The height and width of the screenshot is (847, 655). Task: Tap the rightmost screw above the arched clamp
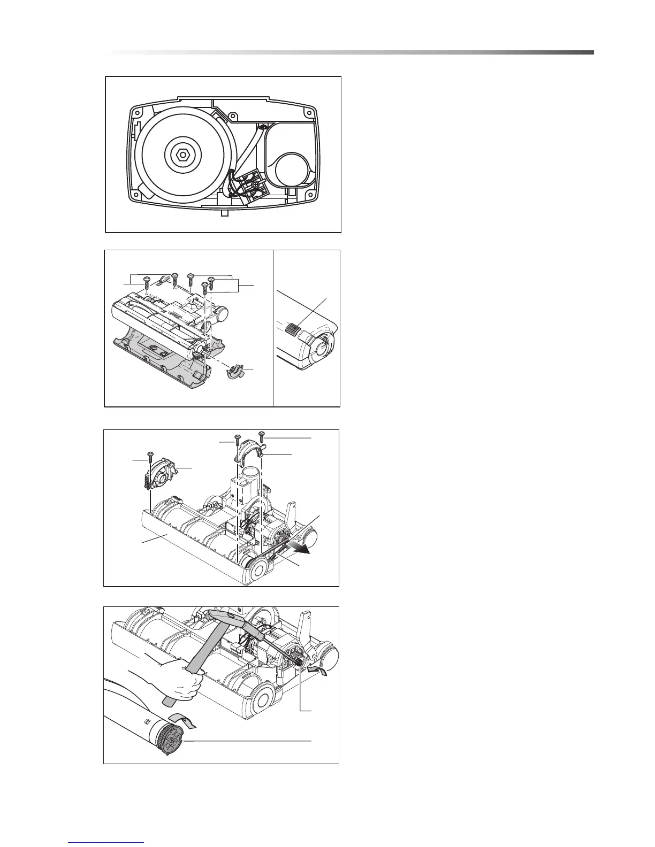tap(262, 435)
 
